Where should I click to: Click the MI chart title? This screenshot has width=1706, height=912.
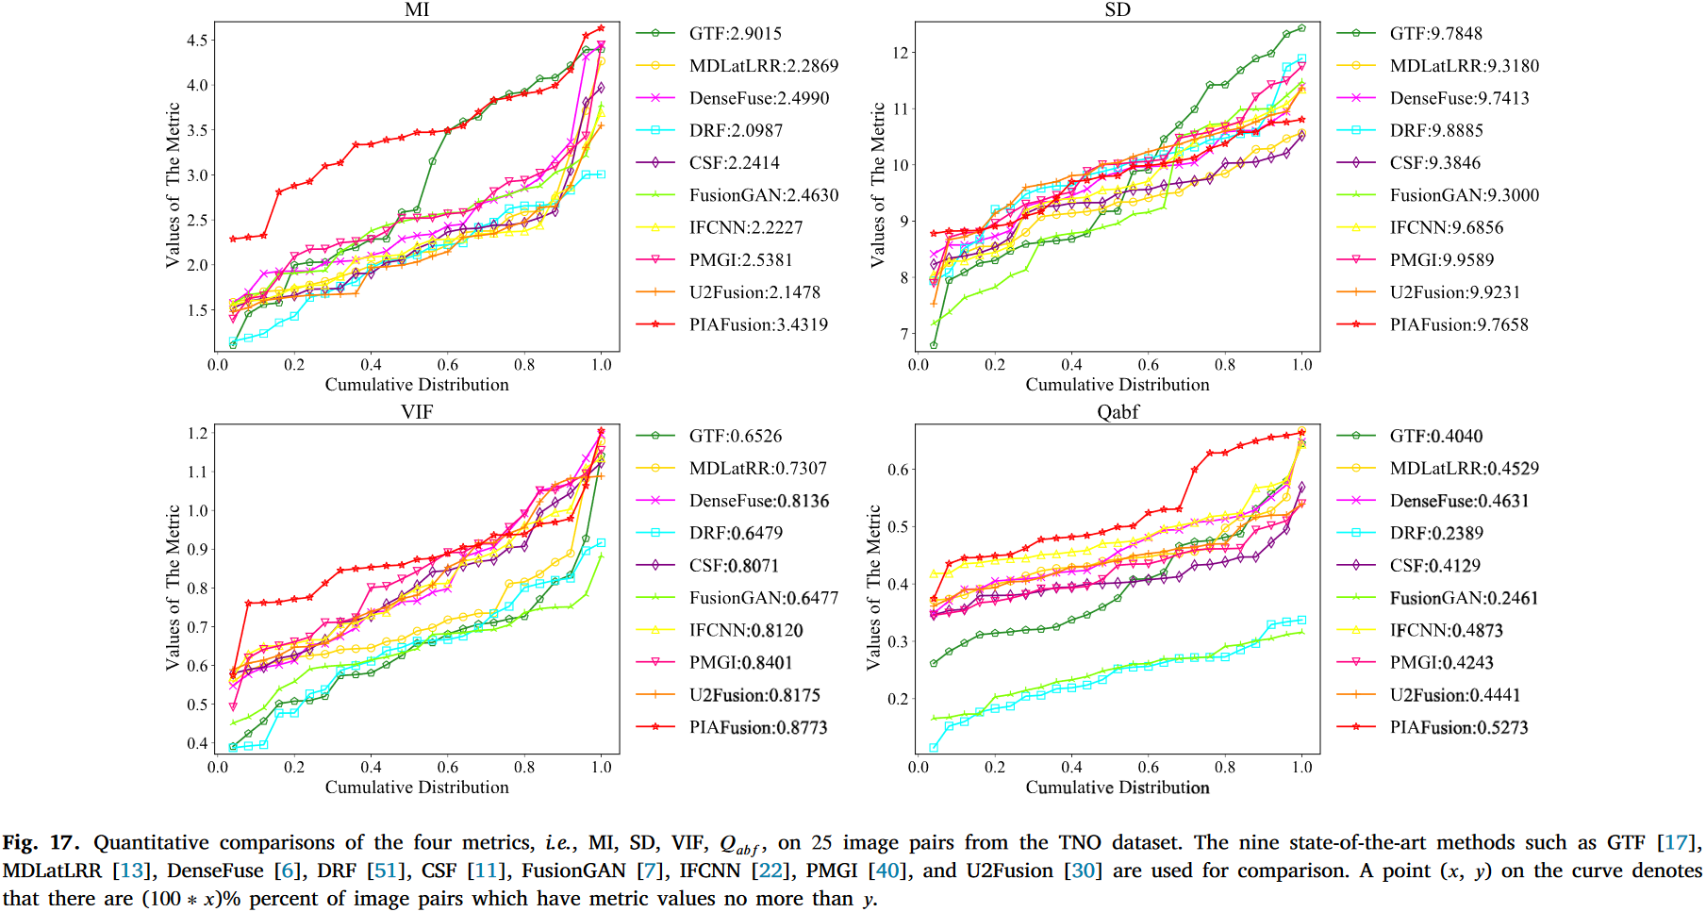tap(417, 10)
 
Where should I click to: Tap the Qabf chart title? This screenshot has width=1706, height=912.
tap(1118, 412)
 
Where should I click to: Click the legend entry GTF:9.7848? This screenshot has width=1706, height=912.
tap(1435, 33)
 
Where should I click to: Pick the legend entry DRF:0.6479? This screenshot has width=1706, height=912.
tap(736, 533)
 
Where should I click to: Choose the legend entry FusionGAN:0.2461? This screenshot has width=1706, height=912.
tap(1464, 598)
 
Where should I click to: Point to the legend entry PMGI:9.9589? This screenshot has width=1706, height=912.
tap(1442, 259)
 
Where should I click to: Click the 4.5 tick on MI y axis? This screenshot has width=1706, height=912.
tap(197, 41)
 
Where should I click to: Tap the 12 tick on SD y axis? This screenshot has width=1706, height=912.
tap(900, 53)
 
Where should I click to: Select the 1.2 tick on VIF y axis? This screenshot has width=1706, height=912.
tap(197, 433)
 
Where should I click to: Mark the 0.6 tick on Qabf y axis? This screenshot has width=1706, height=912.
tap(898, 470)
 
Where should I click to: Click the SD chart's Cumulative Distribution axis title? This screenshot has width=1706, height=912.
tap(1118, 385)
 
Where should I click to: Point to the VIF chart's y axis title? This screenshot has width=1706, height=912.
tap(173, 588)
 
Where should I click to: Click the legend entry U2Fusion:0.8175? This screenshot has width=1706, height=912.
tap(754, 695)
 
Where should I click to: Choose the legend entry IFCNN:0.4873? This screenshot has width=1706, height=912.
tap(1446, 630)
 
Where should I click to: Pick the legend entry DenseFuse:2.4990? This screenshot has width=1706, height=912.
tap(759, 98)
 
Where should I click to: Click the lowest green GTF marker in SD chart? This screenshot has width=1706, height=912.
tap(934, 345)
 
